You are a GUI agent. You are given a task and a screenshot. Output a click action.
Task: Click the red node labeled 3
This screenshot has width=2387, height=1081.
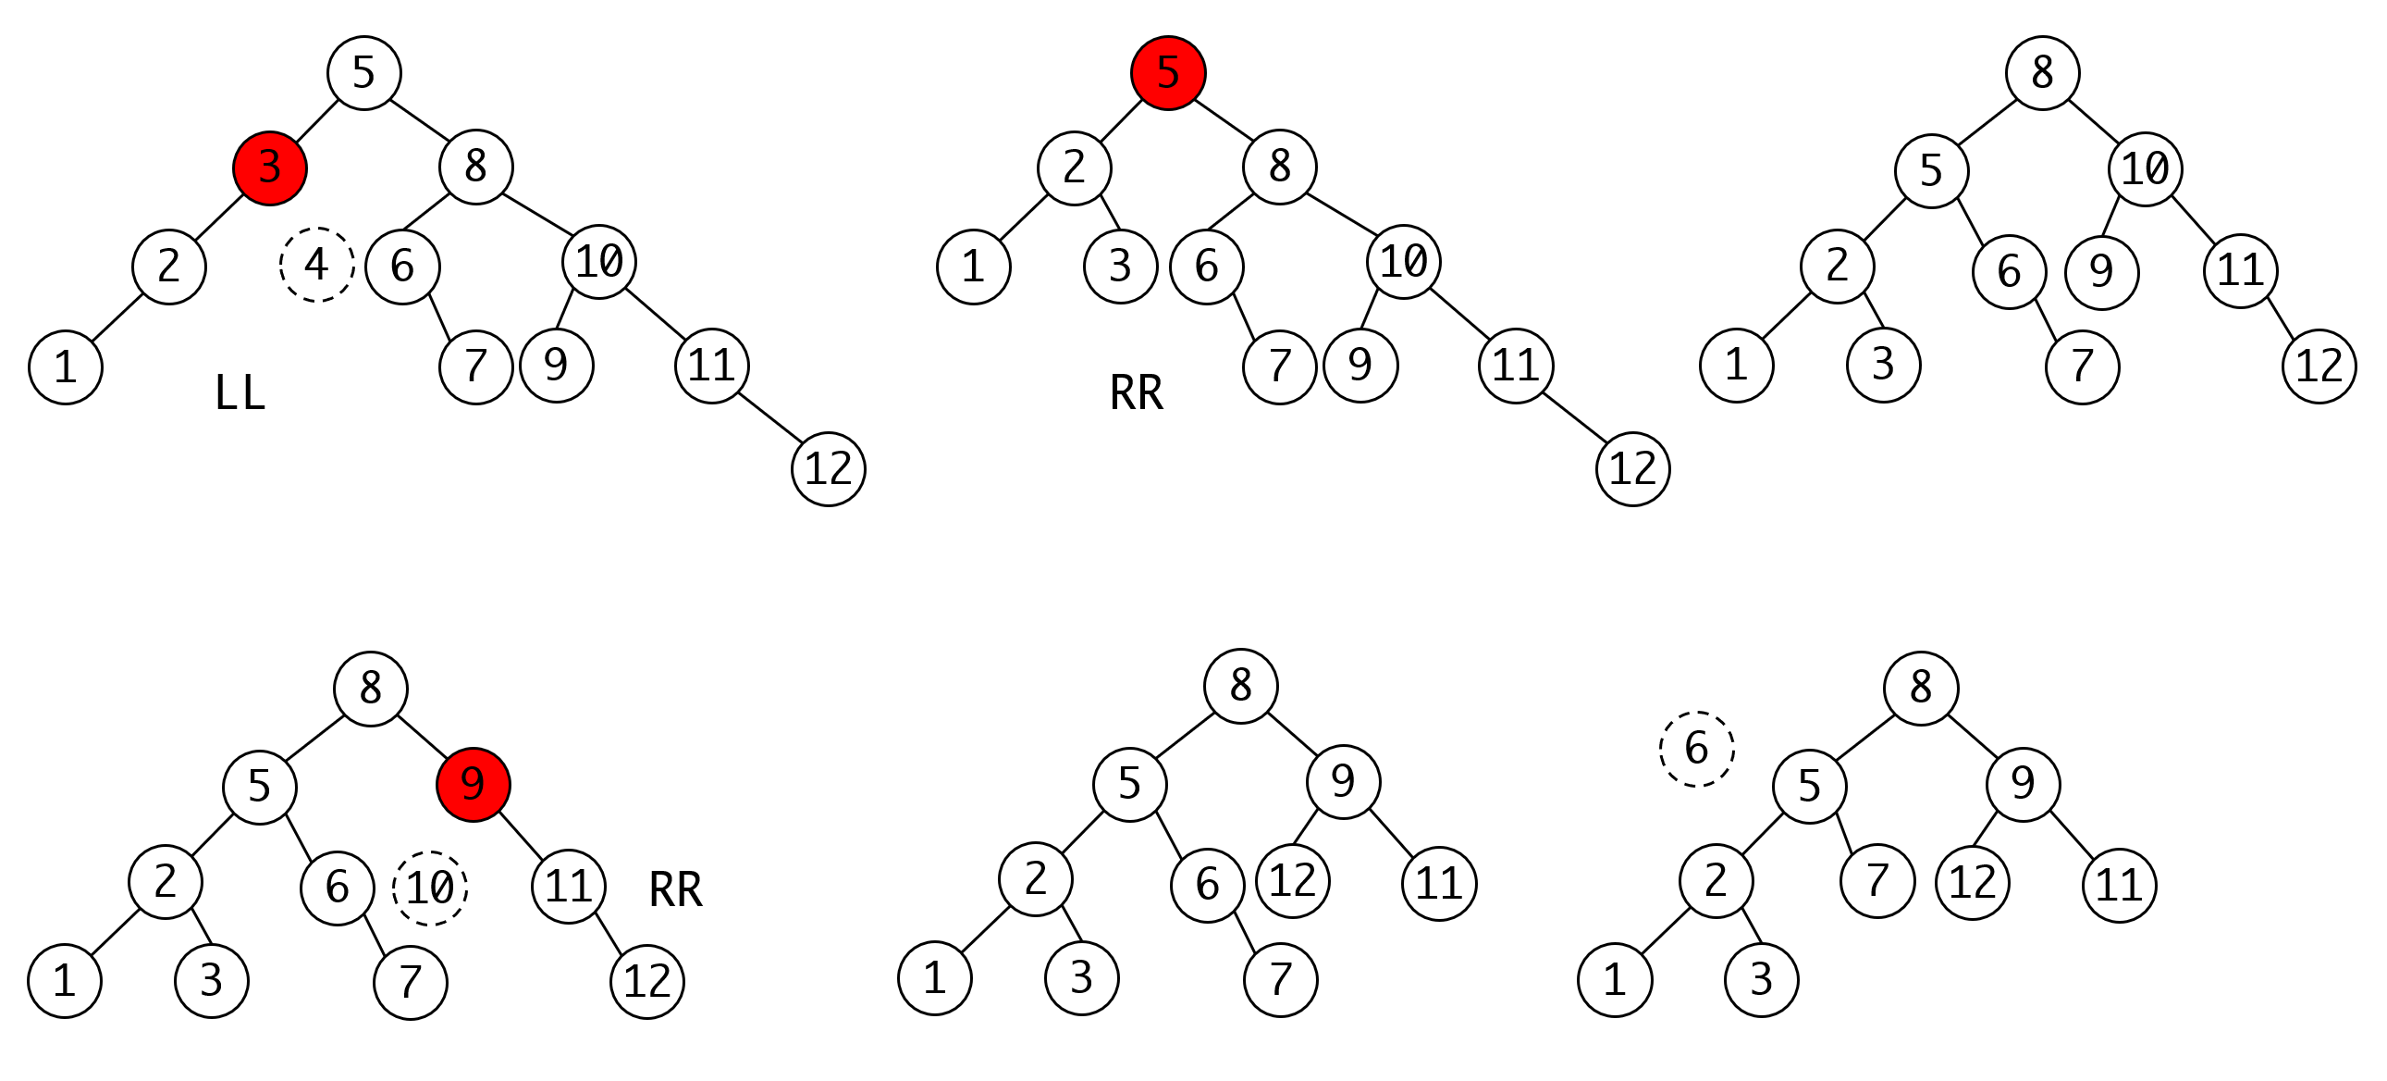(270, 168)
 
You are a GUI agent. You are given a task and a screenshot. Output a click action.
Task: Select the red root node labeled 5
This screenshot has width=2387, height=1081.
(1167, 73)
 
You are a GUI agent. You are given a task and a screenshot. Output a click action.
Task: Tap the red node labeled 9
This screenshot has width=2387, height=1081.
(473, 784)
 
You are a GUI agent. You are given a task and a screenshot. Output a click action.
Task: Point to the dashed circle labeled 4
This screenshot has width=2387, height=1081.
(317, 264)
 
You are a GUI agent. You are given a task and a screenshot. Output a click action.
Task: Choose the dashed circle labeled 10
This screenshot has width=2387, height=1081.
(430, 888)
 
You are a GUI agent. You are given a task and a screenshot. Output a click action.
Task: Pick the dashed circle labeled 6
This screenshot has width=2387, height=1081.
(1696, 749)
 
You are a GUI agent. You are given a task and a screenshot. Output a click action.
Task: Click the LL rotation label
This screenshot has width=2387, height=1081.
(240, 393)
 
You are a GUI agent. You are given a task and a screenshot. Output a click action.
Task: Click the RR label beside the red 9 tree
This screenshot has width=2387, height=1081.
(675, 890)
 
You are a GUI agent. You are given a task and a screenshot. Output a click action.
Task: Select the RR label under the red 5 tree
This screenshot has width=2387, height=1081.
(1136, 393)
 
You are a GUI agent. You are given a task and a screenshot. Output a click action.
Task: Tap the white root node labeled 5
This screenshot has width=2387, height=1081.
(364, 73)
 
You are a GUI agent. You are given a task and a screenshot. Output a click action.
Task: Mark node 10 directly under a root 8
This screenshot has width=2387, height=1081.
(2144, 168)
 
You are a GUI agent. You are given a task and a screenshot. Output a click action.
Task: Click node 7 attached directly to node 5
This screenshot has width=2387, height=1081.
(1877, 881)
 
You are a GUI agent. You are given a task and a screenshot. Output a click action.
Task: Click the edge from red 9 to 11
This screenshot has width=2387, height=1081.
(521, 837)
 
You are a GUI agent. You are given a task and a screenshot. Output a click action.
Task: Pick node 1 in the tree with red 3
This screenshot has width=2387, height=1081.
(65, 367)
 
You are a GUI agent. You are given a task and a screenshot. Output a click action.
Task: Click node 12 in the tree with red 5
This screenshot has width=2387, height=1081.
(1632, 469)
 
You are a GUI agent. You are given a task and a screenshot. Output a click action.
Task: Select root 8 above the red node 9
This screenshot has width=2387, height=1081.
(371, 689)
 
